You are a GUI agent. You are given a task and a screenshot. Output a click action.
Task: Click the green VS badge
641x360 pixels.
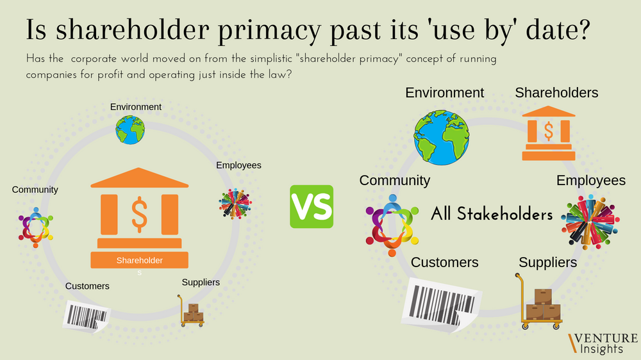click(312, 206)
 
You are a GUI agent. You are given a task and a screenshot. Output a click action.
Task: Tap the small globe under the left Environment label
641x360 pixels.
click(130, 129)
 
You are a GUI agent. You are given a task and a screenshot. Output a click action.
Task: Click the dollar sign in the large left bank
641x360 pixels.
click(139, 213)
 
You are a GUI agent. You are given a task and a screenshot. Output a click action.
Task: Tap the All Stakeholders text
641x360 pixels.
click(492, 214)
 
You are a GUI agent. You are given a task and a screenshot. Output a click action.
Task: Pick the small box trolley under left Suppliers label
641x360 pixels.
click(192, 311)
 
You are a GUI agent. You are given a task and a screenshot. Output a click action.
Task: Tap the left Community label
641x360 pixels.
click(35, 190)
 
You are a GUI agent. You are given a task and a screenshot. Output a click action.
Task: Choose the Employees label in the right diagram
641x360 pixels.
click(590, 181)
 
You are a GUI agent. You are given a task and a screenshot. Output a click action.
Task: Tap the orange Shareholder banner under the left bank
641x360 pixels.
click(139, 260)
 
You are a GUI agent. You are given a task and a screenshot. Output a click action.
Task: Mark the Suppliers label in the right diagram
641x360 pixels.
click(547, 263)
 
